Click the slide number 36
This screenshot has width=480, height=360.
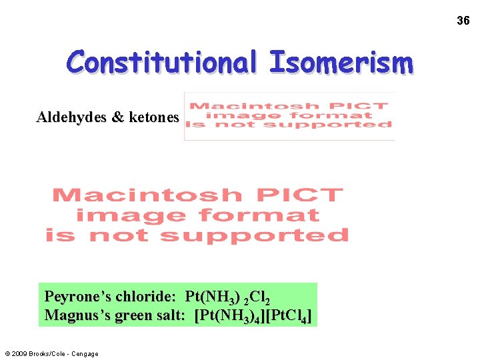463,21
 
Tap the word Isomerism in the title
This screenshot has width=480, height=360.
341,63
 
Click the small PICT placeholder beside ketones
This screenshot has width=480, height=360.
289,115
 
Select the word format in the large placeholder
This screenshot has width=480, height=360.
271,216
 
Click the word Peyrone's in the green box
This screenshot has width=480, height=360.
77,296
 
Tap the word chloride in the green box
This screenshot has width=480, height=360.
145,296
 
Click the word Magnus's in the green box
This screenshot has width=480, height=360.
75,315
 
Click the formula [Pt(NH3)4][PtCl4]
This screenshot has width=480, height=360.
253,315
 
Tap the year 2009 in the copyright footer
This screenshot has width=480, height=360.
20,353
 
